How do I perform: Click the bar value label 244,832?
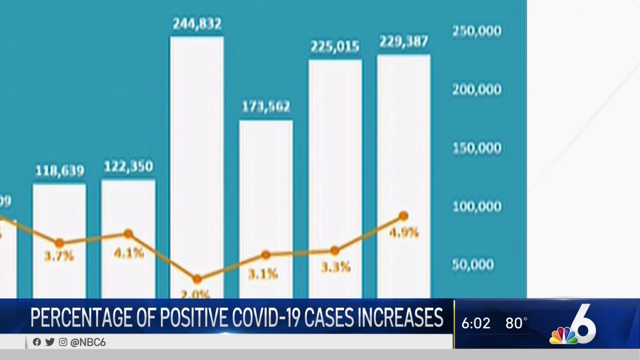(197, 24)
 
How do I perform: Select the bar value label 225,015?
(335, 47)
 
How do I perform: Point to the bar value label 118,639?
(59, 171)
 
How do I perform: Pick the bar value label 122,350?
(128, 166)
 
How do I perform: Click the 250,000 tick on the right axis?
(477, 31)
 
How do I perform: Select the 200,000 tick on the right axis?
(477, 90)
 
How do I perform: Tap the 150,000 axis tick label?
(477, 148)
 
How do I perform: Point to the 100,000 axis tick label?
(477, 206)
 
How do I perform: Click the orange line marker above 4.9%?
(404, 216)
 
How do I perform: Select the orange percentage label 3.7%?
(59, 257)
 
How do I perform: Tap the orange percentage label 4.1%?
(129, 252)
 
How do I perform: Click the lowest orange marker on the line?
(197, 279)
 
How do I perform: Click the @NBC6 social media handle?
(87, 342)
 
